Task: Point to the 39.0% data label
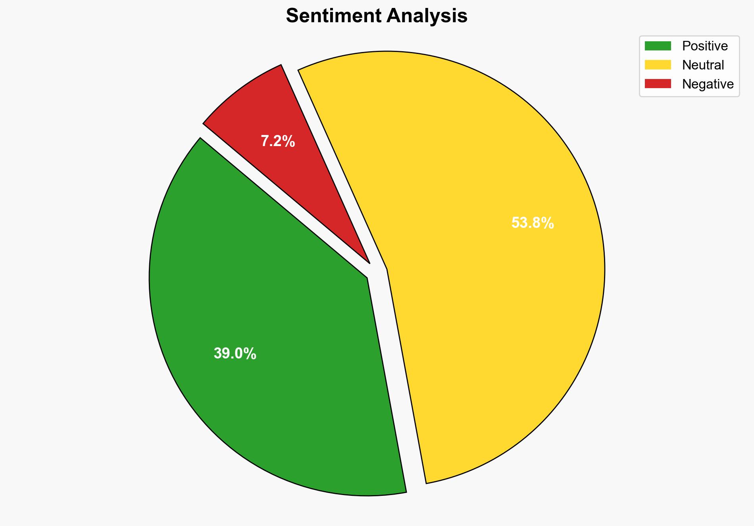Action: coord(235,353)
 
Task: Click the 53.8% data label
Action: coord(533,223)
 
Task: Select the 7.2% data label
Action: coord(278,141)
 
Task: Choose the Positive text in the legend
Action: coord(705,46)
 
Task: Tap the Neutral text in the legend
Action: coord(703,65)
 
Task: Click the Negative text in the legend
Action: coord(708,84)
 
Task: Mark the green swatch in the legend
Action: coord(658,46)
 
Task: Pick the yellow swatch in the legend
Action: coord(658,65)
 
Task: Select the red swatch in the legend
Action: coord(658,84)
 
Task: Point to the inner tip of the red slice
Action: coord(369,262)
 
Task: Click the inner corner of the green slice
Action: coord(367,277)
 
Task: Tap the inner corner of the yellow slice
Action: coord(387,270)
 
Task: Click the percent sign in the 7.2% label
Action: coord(289,141)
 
